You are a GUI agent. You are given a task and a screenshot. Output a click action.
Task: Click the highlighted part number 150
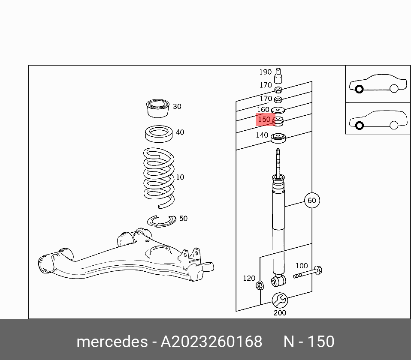point(265,120)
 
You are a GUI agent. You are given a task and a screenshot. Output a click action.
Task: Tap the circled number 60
point(311,200)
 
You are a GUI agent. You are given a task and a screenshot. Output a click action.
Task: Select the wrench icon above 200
point(280,300)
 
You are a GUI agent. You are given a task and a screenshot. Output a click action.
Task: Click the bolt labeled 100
point(308,272)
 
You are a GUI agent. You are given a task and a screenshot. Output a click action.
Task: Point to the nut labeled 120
point(259,285)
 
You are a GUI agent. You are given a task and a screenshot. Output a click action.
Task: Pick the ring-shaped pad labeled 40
point(159,134)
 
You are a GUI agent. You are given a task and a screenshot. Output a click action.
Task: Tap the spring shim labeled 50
point(161,221)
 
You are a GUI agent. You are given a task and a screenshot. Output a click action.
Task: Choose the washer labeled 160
point(278,111)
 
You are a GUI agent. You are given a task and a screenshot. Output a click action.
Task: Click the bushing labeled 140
point(278,138)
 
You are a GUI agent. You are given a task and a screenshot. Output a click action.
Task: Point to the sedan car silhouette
point(378,84)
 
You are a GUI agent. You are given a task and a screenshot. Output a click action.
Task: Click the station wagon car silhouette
point(378,119)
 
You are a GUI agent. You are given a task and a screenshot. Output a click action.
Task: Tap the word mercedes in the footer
point(112,342)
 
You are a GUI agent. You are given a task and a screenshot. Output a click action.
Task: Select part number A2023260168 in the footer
point(211,342)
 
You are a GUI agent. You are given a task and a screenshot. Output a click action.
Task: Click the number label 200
point(280,313)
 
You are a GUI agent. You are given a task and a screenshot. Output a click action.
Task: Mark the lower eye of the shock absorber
point(278,281)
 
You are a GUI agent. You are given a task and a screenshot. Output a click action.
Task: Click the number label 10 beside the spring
point(180,177)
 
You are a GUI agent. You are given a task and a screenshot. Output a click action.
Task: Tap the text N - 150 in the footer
point(308,342)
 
